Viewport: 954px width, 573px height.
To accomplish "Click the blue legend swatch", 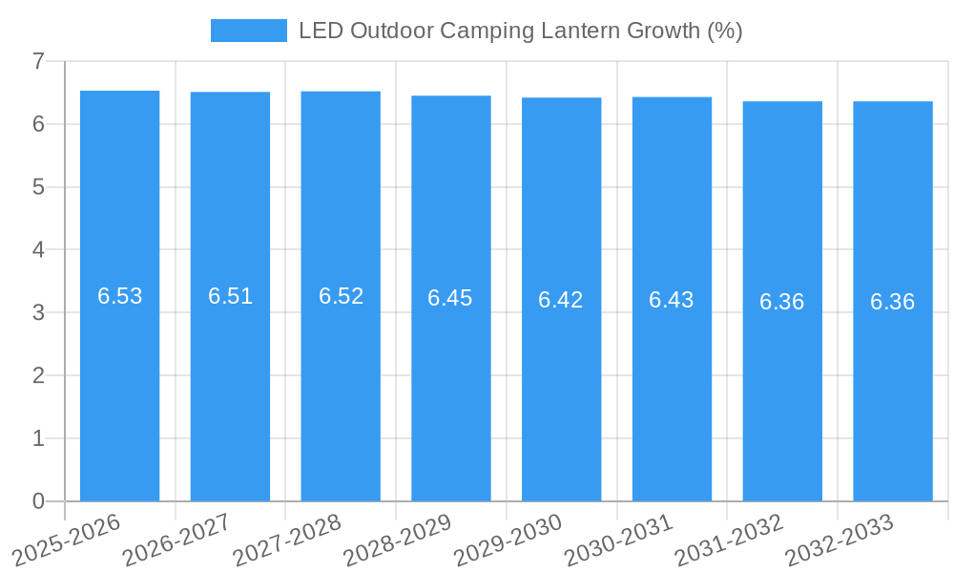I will pyautogui.click(x=248, y=31).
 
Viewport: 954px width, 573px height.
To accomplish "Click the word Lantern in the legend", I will pyautogui.click(x=561, y=31).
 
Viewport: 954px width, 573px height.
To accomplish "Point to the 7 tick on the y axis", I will pyautogui.click(x=38, y=61).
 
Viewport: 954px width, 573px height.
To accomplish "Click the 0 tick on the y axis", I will pyautogui.click(x=38, y=501).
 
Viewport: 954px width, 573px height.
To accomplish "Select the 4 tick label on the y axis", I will pyautogui.click(x=38, y=250).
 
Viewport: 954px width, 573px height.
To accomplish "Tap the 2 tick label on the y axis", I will pyautogui.click(x=38, y=375).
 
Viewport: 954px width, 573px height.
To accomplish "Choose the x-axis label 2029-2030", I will pyautogui.click(x=508, y=539).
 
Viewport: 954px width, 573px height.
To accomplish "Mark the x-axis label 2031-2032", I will pyautogui.click(x=729, y=539).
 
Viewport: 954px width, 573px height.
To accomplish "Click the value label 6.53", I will pyautogui.click(x=119, y=296).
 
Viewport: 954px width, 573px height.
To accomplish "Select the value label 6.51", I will pyautogui.click(x=230, y=296).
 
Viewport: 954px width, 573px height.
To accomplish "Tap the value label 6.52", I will pyautogui.click(x=341, y=296).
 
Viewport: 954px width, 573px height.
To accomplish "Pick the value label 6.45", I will pyautogui.click(x=450, y=298).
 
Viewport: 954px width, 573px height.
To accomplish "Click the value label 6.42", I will pyautogui.click(x=561, y=300).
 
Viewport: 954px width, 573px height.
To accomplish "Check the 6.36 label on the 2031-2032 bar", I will pyautogui.click(x=782, y=302).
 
